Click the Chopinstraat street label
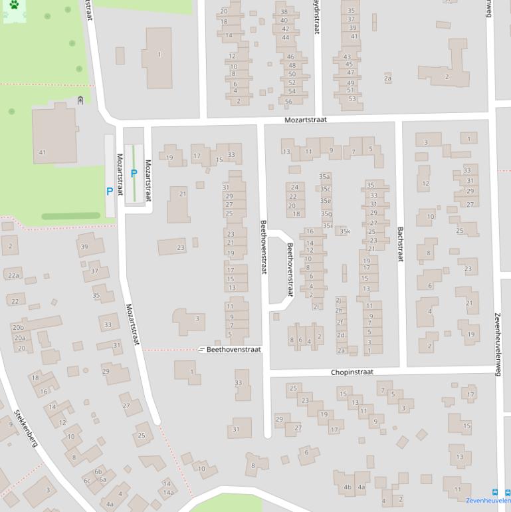point(352,372)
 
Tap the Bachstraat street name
point(400,243)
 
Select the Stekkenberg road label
point(25,428)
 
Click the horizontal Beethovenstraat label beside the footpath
point(233,349)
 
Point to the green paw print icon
point(14,5)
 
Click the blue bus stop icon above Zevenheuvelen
point(492,492)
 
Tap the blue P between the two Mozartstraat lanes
point(134,174)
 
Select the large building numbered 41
point(53,136)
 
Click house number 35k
point(344,231)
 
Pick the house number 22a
point(13,275)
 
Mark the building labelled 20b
point(18,327)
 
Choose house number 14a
point(169,492)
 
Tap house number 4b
point(348,487)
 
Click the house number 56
point(288,101)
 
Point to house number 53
point(352,98)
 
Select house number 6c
point(87,480)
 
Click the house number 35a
point(324,177)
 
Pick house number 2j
point(338,300)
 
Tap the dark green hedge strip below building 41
point(70,216)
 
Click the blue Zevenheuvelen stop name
point(488,501)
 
